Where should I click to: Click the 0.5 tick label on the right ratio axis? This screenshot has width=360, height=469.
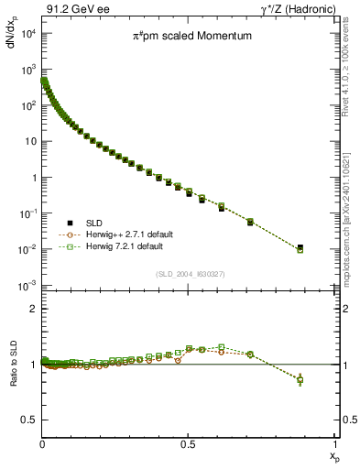coord(347,420)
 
